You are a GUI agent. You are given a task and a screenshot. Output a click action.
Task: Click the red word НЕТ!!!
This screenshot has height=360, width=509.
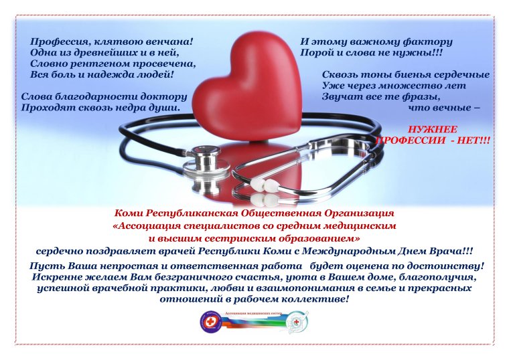pyautogui.click(x=473, y=141)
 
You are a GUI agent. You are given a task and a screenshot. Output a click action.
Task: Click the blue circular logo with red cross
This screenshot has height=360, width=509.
pyautogui.click(x=210, y=321)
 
